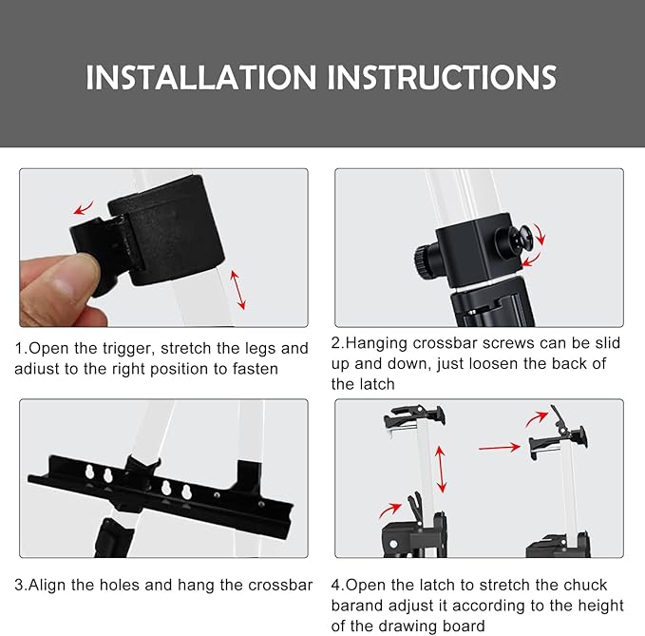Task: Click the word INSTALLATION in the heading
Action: click(200, 77)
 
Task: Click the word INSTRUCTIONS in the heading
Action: click(442, 77)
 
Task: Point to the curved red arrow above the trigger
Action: click(83, 208)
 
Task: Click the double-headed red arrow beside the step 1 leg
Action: click(237, 290)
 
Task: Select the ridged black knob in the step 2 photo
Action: click(424, 260)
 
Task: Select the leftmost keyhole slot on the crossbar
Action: click(89, 472)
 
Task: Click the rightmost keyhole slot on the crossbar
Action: click(186, 492)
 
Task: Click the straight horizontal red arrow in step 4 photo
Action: click(500, 448)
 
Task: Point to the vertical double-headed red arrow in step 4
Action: click(441, 470)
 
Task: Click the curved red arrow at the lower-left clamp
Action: click(389, 510)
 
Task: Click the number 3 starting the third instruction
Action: click(19, 586)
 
